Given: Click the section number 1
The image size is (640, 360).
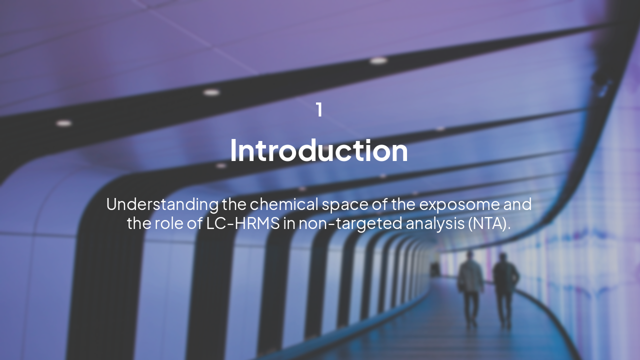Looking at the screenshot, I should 319,110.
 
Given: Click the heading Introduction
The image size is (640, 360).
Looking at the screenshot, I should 319,150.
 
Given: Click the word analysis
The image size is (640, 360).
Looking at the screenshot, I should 434,223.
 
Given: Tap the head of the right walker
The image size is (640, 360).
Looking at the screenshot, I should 502,257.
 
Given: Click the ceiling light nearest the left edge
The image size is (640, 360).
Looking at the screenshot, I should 63,123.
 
